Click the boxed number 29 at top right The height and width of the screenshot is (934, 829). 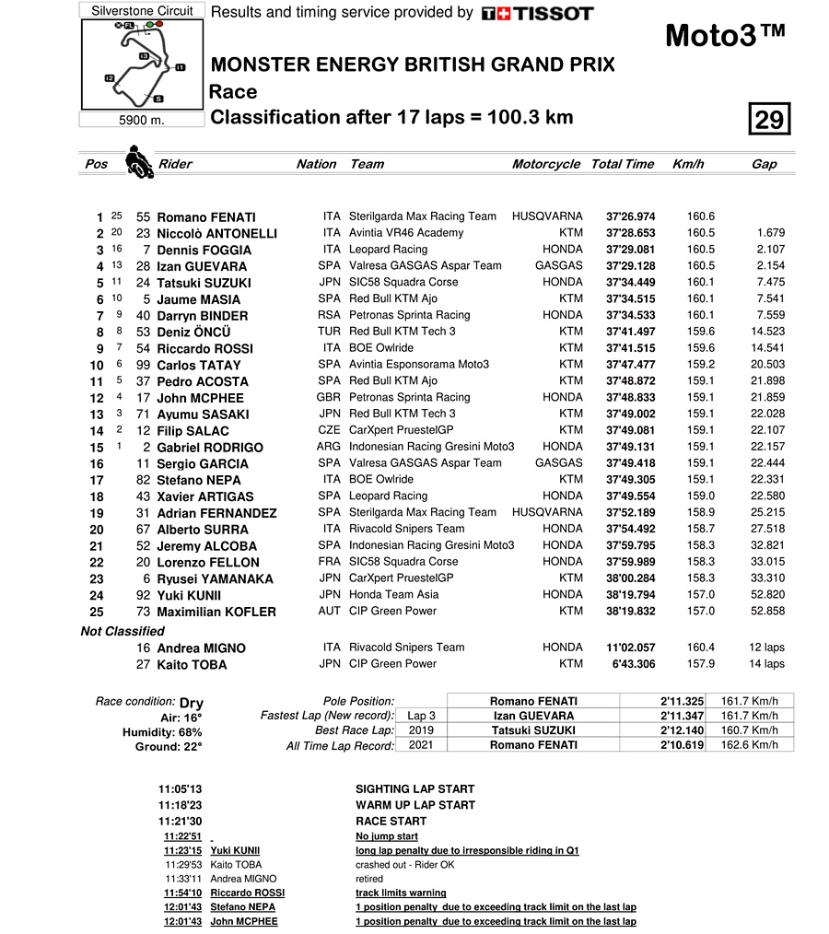pyautogui.click(x=769, y=120)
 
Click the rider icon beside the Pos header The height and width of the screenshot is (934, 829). pyautogui.click(x=138, y=160)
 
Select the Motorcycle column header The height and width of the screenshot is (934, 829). pyautogui.click(x=546, y=164)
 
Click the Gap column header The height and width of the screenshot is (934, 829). pyautogui.click(x=764, y=164)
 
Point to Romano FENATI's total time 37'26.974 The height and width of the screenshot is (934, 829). pyautogui.click(x=630, y=216)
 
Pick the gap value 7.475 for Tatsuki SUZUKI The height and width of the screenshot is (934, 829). pyautogui.click(x=768, y=282)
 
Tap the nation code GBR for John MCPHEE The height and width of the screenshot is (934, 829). pyautogui.click(x=328, y=397)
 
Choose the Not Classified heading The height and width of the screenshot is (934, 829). pyautogui.click(x=123, y=631)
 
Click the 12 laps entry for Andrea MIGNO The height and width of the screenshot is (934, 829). pyautogui.click(x=766, y=648)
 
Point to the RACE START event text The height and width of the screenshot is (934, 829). pyautogui.click(x=391, y=821)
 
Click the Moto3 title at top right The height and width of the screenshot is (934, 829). pyautogui.click(x=725, y=35)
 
